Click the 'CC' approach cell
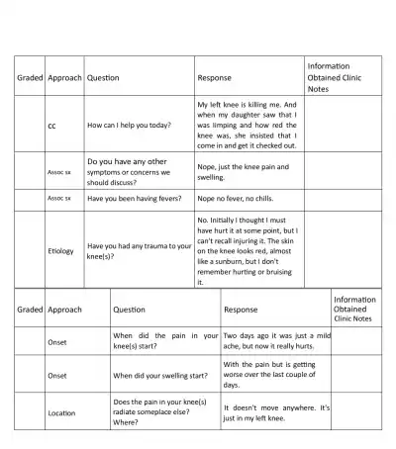click(x=51, y=127)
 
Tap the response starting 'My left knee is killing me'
click(x=247, y=125)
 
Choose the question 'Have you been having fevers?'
click(x=139, y=198)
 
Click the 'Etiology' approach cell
click(x=60, y=251)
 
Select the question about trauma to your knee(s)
click(x=139, y=251)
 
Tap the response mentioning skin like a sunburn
click(x=247, y=251)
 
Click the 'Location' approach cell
click(x=61, y=413)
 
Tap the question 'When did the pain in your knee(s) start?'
click(x=164, y=341)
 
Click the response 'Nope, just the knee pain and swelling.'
click(x=244, y=172)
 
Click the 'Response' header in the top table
click(x=215, y=77)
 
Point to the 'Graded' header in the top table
click(x=30, y=77)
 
